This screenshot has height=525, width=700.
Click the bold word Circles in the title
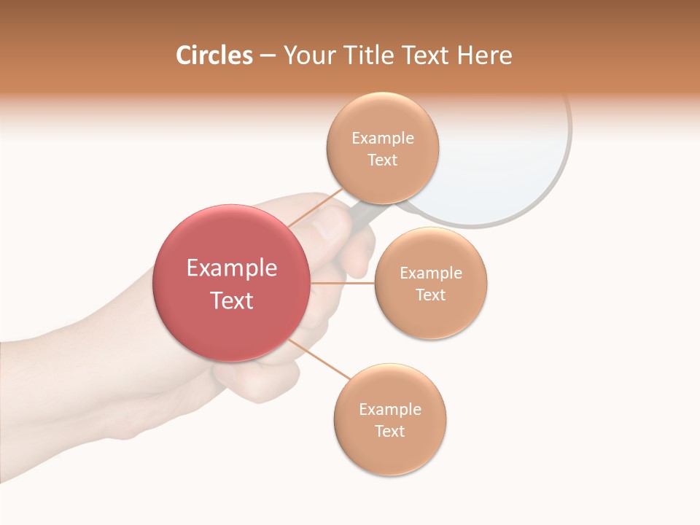click(214, 55)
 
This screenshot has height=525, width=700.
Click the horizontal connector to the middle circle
click(342, 283)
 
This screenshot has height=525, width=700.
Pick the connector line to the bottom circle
click(321, 359)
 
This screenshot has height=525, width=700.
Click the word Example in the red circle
click(231, 268)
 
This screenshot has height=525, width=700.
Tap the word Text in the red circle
click(231, 300)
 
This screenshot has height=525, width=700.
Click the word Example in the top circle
click(382, 138)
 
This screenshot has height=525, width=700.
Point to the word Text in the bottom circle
click(389, 431)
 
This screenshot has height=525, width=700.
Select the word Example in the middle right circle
click(430, 273)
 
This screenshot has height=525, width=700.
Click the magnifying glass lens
click(503, 160)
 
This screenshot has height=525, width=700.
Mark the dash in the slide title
click(268, 55)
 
